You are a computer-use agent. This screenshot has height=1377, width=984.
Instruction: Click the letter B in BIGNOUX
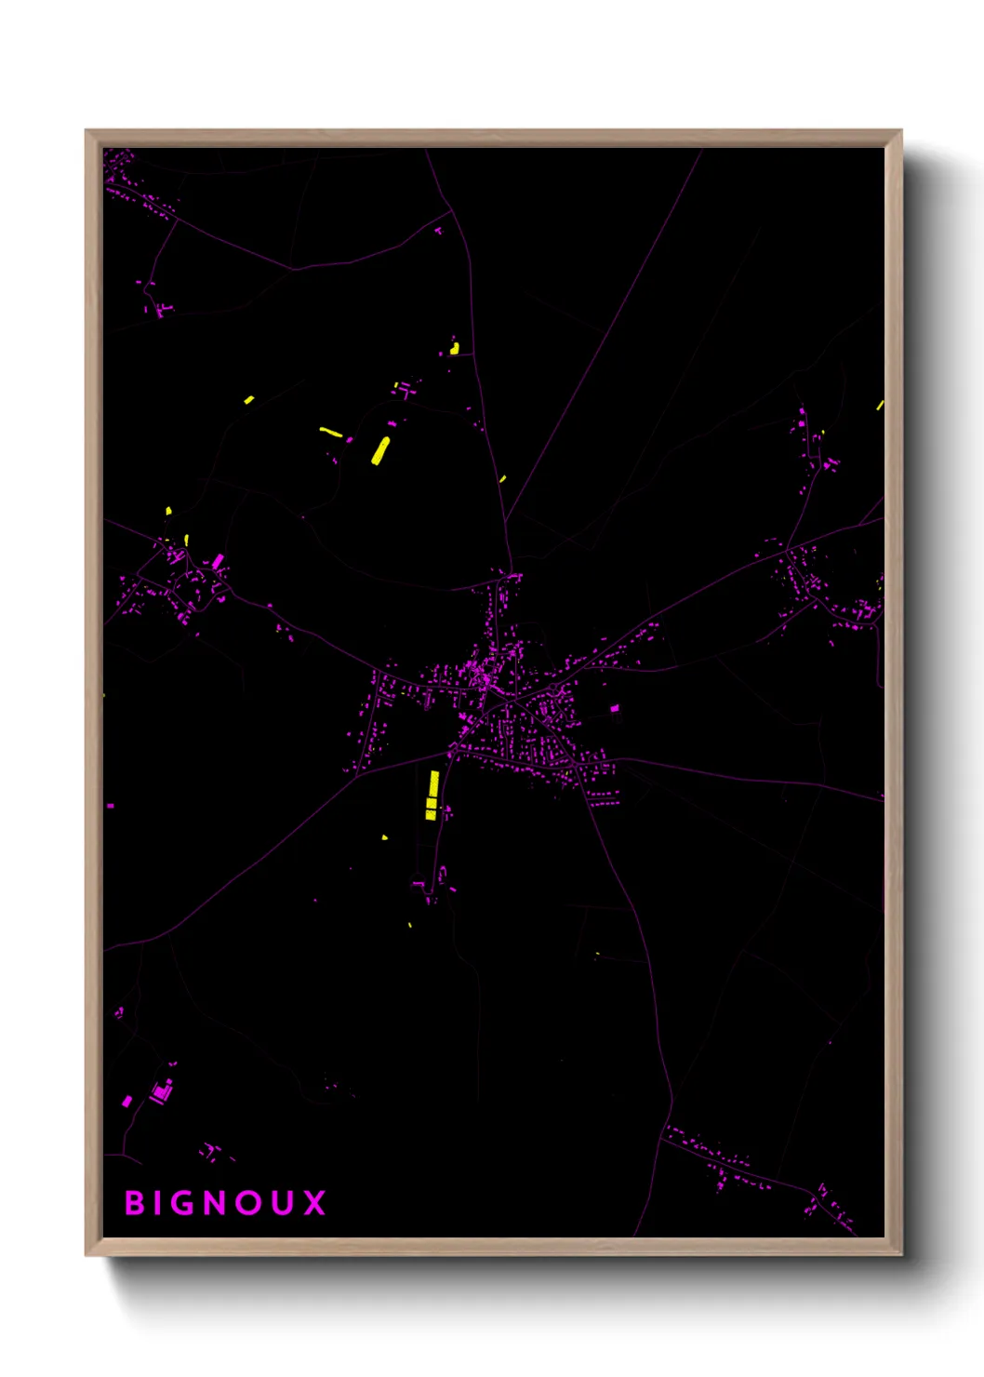(x=135, y=1203)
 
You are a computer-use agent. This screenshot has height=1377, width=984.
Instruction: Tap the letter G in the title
(x=192, y=1203)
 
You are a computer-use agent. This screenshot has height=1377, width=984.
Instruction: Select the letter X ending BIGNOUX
(x=314, y=1203)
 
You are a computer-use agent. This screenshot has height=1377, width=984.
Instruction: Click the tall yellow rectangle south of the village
(x=432, y=794)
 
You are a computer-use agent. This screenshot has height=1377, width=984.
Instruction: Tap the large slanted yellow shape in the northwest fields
(x=380, y=450)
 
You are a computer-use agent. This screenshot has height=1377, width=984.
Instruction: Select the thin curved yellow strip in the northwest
(x=330, y=431)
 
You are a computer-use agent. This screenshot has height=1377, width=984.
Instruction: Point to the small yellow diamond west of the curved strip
(x=249, y=400)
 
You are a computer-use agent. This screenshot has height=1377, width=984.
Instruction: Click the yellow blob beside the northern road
(x=455, y=349)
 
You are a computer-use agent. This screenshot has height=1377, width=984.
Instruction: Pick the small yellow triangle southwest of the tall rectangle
(x=385, y=837)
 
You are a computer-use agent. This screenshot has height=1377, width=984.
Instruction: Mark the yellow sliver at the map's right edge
(x=880, y=406)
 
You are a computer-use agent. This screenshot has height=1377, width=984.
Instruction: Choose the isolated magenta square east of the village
(x=614, y=709)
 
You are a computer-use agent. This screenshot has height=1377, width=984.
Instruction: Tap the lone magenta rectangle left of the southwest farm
(x=127, y=1102)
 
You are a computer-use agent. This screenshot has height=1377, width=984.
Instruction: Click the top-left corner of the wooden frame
(x=86, y=131)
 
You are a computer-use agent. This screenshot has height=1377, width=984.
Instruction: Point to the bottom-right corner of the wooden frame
(x=900, y=1254)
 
